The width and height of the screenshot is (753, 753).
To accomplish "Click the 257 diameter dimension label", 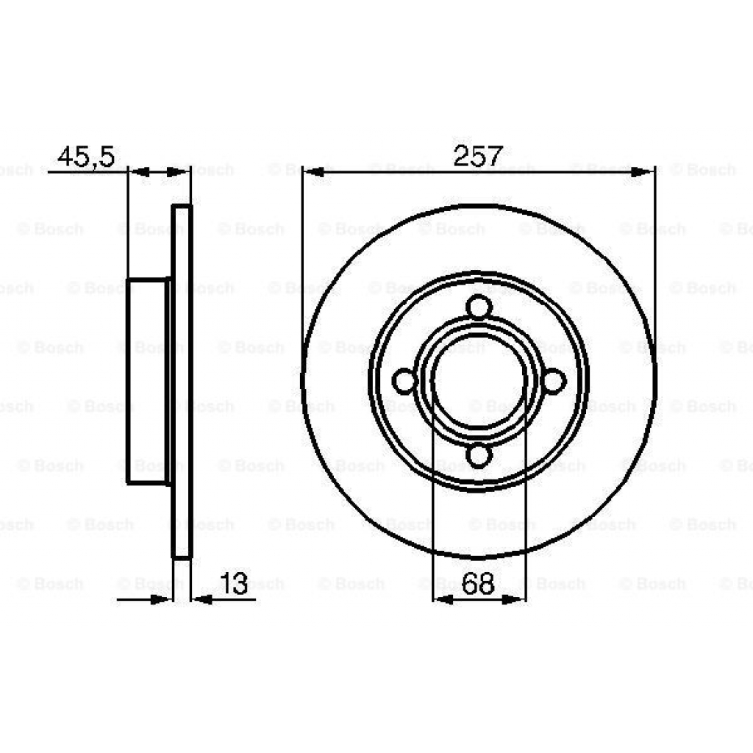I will tap(478, 156).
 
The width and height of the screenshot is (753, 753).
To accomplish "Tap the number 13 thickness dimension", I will tap(234, 585).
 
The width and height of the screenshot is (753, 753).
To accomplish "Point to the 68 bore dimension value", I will tap(478, 585).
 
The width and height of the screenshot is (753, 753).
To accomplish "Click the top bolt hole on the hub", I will tap(479, 306).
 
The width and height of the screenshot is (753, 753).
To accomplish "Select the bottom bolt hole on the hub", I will tap(479, 457).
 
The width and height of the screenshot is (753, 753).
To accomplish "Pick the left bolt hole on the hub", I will tap(404, 381).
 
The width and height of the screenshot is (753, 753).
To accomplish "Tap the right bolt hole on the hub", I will tap(554, 381).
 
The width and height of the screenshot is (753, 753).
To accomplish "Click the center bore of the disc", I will tap(479, 381).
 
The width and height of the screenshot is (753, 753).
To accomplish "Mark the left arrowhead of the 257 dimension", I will tap(313, 173).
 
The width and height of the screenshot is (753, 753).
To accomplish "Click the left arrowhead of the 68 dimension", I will tap(442, 600).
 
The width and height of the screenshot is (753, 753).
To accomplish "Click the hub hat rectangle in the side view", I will tap(147, 381).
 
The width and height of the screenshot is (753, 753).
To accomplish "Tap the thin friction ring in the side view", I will tap(182, 381).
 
